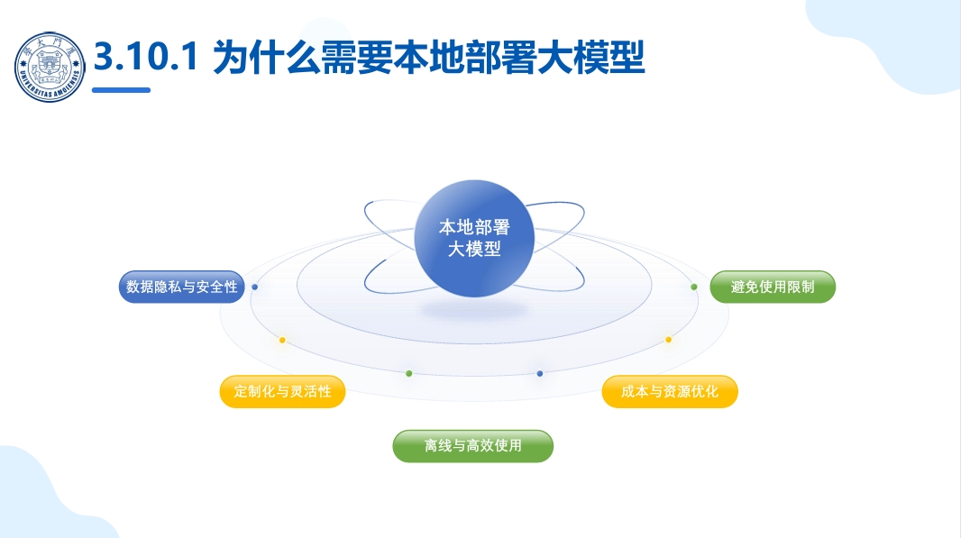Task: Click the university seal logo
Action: pos(50,67)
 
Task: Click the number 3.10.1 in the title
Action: pos(146,57)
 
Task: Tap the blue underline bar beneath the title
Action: pos(122,90)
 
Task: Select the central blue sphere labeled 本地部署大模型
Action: pos(474,239)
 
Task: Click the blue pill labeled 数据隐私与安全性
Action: pos(181,287)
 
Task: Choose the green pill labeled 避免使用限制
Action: pos(773,287)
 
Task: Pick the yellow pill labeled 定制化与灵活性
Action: pos(282,391)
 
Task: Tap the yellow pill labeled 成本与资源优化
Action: pos(670,391)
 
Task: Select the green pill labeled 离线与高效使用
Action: pos(473,446)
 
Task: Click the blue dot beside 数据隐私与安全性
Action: pos(255,287)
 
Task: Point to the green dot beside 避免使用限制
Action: pos(694,287)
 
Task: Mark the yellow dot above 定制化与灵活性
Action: pos(282,340)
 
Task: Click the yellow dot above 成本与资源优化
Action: pos(668,340)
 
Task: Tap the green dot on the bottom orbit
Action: pos(408,373)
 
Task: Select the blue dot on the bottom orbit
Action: pos(539,373)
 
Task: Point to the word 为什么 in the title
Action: pos(266,58)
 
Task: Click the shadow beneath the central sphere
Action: pos(474,310)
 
